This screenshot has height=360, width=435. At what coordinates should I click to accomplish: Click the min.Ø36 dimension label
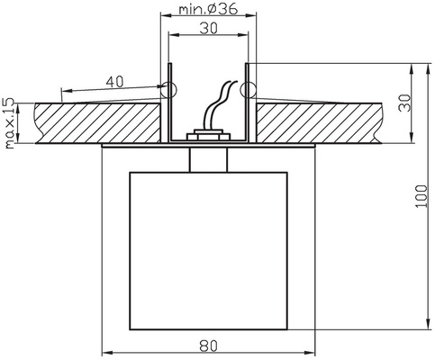coord(208,11)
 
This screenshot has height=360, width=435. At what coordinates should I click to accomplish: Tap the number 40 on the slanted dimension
coord(115,81)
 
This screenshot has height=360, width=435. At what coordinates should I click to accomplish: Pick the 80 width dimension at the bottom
coord(208,344)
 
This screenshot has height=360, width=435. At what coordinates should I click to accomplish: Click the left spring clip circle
coord(167,89)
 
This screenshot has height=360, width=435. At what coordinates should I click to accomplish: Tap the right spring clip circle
coord(249,89)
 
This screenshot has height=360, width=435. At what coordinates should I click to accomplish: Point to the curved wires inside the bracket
coord(216,108)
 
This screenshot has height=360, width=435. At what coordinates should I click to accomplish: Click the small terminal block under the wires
coord(208,137)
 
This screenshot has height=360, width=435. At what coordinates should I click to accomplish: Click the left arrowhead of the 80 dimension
coord(104,352)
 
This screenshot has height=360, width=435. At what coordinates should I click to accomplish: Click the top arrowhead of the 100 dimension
coord(428,67)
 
